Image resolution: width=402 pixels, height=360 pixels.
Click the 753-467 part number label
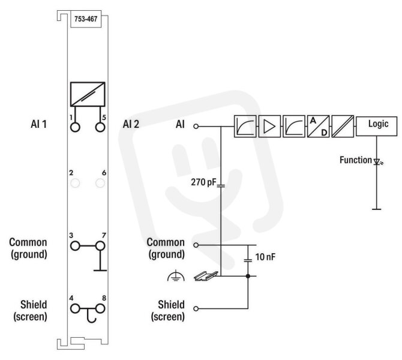pos(86,19)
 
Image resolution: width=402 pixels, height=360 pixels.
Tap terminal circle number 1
pos(75,127)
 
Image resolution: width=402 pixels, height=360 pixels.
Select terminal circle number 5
pos(100,127)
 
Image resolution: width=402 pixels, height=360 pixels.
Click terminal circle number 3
pos(75,246)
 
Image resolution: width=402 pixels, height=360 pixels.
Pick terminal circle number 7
pos(100,246)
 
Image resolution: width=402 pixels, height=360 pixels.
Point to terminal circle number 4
pos(75,308)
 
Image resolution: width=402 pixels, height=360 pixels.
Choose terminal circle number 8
pos(100,308)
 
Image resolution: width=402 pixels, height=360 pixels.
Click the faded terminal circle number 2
pos(75,184)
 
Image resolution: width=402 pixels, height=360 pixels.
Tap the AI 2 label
pos(131,124)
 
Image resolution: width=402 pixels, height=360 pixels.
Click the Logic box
pos(377,126)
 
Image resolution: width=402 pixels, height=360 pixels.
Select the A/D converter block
pos(318,126)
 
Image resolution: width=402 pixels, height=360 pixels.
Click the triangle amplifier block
pos(269,126)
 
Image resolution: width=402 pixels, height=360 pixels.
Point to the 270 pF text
pos(204,182)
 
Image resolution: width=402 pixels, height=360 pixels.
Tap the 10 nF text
pos(265,257)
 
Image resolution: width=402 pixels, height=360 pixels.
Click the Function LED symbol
pos(377,161)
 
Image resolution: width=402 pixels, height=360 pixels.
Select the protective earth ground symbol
pos(176,275)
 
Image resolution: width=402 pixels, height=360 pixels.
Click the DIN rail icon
pos(206,276)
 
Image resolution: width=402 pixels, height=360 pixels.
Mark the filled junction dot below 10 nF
pos(248,276)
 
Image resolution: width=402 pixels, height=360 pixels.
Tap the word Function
pos(356,160)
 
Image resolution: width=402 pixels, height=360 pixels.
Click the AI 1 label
pos(39,124)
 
